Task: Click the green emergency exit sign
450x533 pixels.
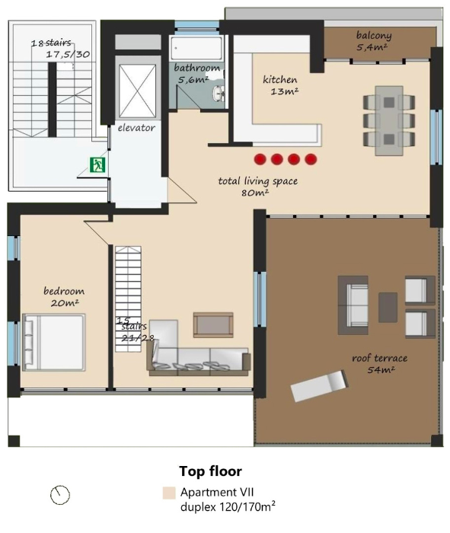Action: [97, 164]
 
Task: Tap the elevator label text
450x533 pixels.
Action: [136, 128]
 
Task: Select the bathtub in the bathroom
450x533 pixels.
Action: [196, 48]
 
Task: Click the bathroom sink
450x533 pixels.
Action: [218, 93]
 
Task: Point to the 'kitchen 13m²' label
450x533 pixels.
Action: [280, 85]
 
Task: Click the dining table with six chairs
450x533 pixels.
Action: [389, 120]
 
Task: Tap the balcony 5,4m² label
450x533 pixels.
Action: [374, 41]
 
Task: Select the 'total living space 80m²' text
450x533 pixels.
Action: [257, 187]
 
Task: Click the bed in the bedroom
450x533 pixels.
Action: [54, 342]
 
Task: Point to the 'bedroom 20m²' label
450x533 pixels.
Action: [64, 297]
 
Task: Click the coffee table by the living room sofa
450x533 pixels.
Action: [213, 324]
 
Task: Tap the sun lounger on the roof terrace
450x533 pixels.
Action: [320, 386]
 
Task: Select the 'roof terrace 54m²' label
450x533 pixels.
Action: [380, 363]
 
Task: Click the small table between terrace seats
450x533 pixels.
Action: [388, 308]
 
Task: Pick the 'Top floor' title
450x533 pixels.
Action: [210, 471]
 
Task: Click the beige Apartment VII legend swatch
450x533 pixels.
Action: [169, 493]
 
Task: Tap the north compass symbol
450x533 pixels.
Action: [60, 495]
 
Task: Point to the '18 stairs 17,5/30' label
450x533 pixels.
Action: [60, 49]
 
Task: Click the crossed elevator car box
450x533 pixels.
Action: [138, 91]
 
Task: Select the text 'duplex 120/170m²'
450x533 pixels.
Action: [228, 507]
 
